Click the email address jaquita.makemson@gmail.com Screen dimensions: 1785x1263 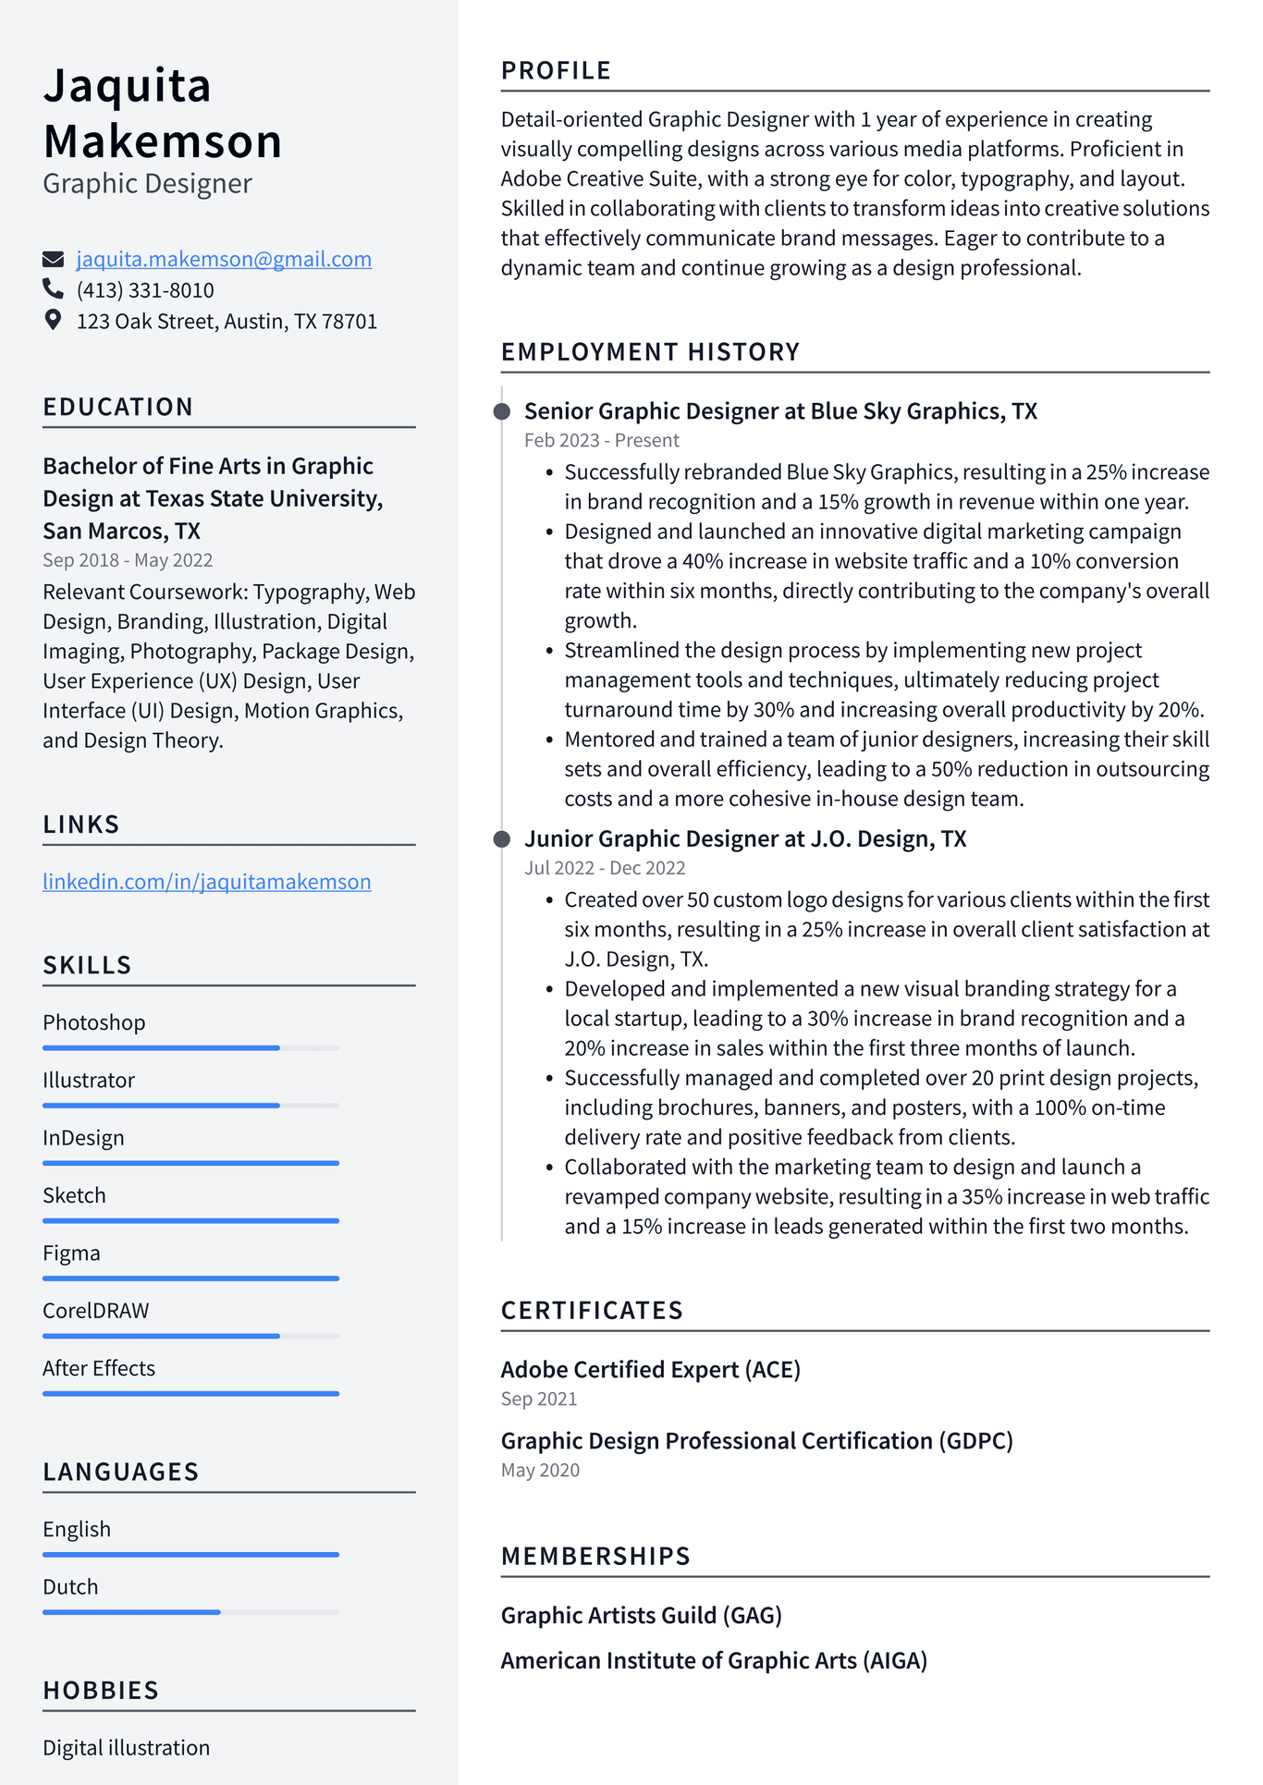coord(224,260)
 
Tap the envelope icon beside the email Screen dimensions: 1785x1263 coord(54,259)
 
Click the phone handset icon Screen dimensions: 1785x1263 coord(53,289)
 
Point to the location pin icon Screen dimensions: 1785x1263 coord(54,320)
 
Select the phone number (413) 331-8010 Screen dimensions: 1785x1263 coord(145,290)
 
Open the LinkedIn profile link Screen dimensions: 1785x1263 coord(207,882)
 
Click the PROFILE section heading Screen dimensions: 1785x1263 coord(556,71)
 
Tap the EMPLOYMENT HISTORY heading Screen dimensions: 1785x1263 coord(650,352)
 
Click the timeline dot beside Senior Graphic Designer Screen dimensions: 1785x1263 coord(502,411)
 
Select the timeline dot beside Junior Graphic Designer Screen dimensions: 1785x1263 coord(502,839)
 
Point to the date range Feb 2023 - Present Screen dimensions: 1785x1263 coord(601,441)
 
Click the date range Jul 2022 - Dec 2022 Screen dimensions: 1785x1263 coord(605,868)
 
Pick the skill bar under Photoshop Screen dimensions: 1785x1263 coord(190,1048)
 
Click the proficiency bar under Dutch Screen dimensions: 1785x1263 coord(190,1612)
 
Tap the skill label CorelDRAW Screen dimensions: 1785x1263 coord(96,1311)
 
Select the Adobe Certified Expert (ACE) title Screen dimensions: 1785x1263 coord(650,1370)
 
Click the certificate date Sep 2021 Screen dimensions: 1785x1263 coord(539,1400)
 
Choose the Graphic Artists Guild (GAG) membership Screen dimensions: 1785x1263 coord(641,1616)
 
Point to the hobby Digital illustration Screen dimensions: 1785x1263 coord(127,1748)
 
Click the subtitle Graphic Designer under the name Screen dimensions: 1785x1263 coord(147,184)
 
